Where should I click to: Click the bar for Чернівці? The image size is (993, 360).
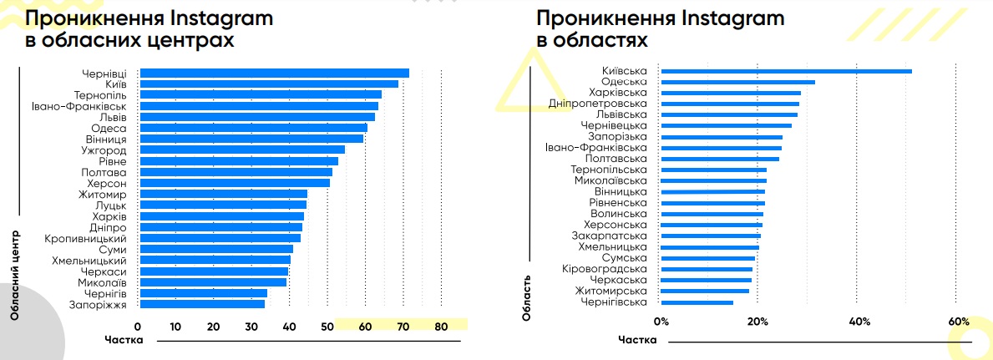[x=274, y=74]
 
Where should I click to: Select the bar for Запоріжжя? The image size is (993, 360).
[x=202, y=304]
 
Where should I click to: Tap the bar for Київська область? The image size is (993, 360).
[x=786, y=71]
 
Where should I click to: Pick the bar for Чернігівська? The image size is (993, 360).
[x=697, y=302]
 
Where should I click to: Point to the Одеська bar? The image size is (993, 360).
[x=737, y=82]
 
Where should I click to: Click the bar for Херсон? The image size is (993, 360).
[x=235, y=183]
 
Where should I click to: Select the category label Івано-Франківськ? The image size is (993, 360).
[x=79, y=106]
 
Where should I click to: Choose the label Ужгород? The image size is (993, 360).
[x=104, y=150]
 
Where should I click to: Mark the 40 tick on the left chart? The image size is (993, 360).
[x=290, y=327]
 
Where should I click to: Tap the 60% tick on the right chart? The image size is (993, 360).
[x=959, y=322]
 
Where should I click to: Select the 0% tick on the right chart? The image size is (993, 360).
[x=661, y=322]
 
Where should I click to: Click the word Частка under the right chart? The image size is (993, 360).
[x=638, y=341]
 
